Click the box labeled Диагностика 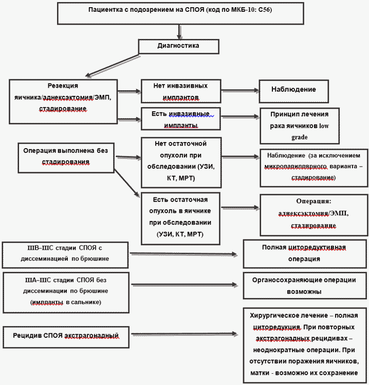pos(178,47)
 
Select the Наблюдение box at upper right pos(293,91)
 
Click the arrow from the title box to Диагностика pos(179,32)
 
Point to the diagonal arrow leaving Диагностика pos(112,66)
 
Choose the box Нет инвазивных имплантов pos(181,91)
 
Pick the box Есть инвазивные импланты pos(181,119)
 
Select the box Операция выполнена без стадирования pos(66,158)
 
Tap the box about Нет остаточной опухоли pos(181,163)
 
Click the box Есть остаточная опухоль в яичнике pos(180,218)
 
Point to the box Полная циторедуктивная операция pos(305,254)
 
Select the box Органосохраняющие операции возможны pos(305,286)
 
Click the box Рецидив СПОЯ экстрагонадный pos(66,337)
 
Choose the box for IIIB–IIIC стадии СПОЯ pos(65,255)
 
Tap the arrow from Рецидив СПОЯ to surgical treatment pos(184,334)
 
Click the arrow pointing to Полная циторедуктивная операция pos(183,254)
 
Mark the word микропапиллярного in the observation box pos(296,167)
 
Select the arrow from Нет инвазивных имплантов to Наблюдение pos(240,91)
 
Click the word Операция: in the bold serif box pos(313,201)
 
